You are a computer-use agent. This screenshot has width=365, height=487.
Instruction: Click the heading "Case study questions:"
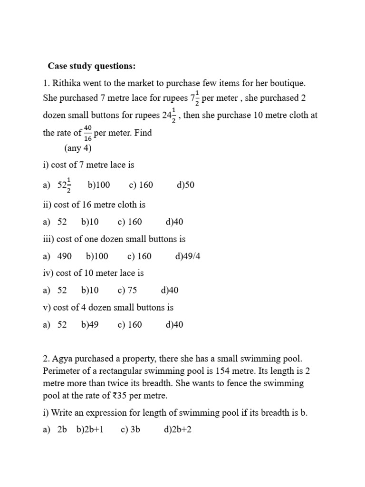pyautogui.click(x=91, y=66)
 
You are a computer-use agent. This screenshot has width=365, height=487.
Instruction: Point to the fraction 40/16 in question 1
pyautogui.click(x=88, y=133)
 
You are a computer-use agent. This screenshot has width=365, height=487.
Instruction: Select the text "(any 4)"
pyautogui.click(x=78, y=148)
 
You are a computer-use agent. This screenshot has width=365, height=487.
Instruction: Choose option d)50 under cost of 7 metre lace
pyautogui.click(x=185, y=185)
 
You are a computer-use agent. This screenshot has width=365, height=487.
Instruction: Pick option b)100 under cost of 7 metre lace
pyautogui.click(x=99, y=185)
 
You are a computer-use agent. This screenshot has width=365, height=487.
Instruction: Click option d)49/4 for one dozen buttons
pyautogui.click(x=188, y=256)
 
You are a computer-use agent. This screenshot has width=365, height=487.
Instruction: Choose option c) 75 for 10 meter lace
pyautogui.click(x=127, y=290)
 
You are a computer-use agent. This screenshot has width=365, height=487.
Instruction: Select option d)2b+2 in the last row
pyautogui.click(x=177, y=430)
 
